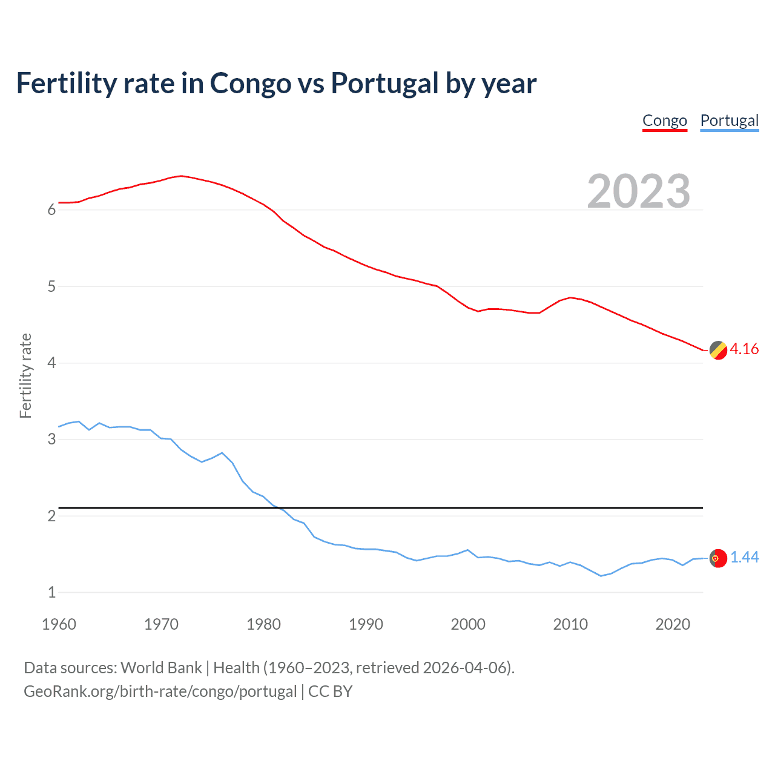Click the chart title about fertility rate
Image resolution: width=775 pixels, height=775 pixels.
tap(276, 84)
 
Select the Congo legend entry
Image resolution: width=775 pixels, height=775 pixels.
tap(664, 120)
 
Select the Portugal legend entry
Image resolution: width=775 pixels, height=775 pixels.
tap(729, 120)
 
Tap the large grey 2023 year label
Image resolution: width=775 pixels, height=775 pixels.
tap(638, 191)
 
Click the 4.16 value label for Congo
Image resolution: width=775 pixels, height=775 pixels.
tap(744, 349)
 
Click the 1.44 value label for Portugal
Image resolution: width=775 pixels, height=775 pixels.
tap(744, 558)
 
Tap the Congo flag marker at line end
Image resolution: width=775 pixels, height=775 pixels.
tap(718, 350)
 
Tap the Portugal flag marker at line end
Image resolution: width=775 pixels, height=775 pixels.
tap(718, 558)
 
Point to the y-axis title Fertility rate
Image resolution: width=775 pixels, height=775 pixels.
tap(25, 375)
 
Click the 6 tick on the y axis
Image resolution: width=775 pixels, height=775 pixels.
tap(51, 210)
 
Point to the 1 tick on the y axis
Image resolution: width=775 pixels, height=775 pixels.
tap(51, 593)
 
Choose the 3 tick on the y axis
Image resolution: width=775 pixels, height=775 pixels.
tap(51, 440)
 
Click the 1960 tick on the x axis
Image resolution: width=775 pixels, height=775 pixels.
tap(59, 624)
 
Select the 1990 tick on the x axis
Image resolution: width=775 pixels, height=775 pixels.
tap(366, 624)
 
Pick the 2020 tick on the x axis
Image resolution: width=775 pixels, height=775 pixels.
tap(673, 624)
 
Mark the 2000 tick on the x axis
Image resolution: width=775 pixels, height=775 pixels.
tap(468, 624)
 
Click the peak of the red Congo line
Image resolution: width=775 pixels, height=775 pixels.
tap(181, 176)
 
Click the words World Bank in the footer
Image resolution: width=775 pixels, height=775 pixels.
tap(161, 668)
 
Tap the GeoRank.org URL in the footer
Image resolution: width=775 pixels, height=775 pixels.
tap(160, 691)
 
